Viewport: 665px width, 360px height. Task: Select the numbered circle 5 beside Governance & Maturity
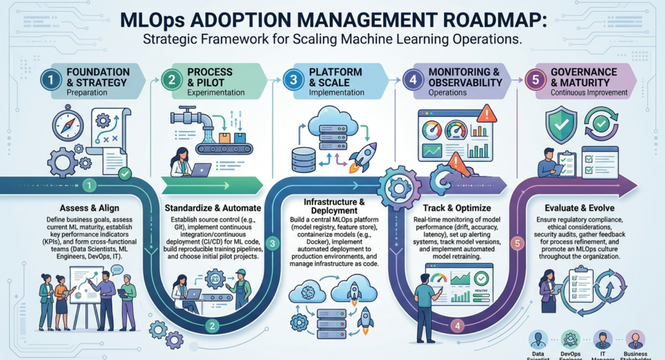click(x=533, y=80)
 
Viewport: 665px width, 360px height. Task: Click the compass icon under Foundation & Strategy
click(x=68, y=125)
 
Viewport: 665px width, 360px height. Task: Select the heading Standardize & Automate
click(x=213, y=207)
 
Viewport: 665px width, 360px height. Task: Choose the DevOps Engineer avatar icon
click(x=570, y=339)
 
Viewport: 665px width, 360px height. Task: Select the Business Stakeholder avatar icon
click(x=636, y=339)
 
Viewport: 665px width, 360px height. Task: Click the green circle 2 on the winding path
click(x=213, y=325)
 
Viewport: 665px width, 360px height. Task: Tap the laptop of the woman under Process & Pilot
click(x=202, y=168)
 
